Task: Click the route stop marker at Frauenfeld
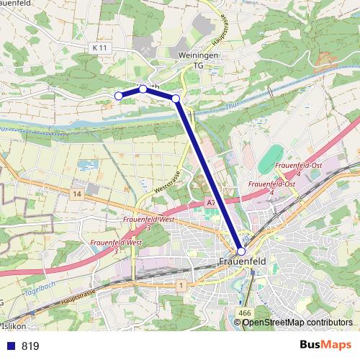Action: tap(241, 251)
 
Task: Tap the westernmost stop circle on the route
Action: tap(119, 95)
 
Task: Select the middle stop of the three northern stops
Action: tap(143, 89)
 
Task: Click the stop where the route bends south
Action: tap(176, 98)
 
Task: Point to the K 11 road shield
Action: tap(100, 47)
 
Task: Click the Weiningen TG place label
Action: tap(198, 59)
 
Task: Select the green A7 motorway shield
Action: tap(211, 204)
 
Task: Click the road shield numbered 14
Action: tap(77, 195)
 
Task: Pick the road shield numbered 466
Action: tap(244, 312)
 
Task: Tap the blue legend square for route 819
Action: tap(11, 346)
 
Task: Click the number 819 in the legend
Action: tap(30, 346)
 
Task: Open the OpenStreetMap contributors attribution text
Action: tap(297, 322)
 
